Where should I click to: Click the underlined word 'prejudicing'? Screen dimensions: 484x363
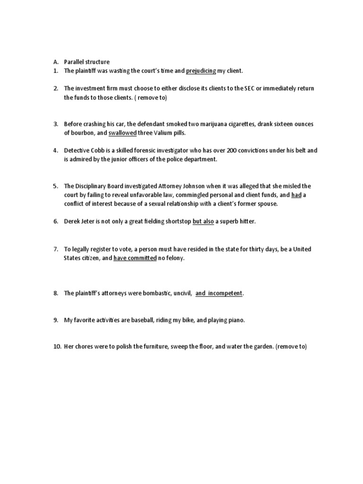pos(201,71)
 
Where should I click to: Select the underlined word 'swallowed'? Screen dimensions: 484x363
pos(122,133)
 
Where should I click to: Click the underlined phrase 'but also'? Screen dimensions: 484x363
pos(203,221)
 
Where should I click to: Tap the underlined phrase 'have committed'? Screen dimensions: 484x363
pos(135,258)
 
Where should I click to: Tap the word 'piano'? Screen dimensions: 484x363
pos(235,320)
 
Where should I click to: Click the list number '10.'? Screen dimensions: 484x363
pos(57,346)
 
